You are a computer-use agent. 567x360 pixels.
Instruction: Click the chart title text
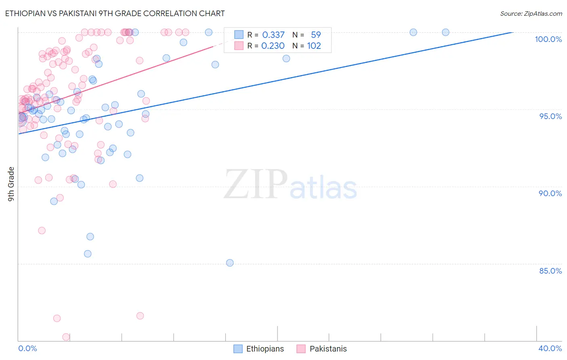point(115,13)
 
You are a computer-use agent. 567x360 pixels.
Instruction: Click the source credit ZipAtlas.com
point(531,13)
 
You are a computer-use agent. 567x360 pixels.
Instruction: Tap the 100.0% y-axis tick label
point(548,39)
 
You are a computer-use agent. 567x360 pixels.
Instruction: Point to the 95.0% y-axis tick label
point(550,116)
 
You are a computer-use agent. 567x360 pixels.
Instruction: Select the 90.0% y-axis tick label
point(550,193)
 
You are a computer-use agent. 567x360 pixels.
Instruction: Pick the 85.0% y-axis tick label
point(550,271)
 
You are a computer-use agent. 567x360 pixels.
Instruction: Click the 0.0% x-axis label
point(27,348)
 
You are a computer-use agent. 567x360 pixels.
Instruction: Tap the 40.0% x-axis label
point(550,348)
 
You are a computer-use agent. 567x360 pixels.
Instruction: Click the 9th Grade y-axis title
point(11,184)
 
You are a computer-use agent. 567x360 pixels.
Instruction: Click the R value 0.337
point(273,35)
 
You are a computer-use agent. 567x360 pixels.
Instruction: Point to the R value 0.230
point(273,46)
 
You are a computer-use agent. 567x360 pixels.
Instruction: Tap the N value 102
point(314,46)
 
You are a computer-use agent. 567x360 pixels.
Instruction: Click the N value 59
point(316,35)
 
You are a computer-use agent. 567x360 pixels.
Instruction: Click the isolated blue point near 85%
point(230,263)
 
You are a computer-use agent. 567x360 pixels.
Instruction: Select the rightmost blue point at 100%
point(446,32)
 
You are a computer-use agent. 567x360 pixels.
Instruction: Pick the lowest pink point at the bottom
point(66,337)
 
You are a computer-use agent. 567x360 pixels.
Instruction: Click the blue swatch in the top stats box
point(239,35)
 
